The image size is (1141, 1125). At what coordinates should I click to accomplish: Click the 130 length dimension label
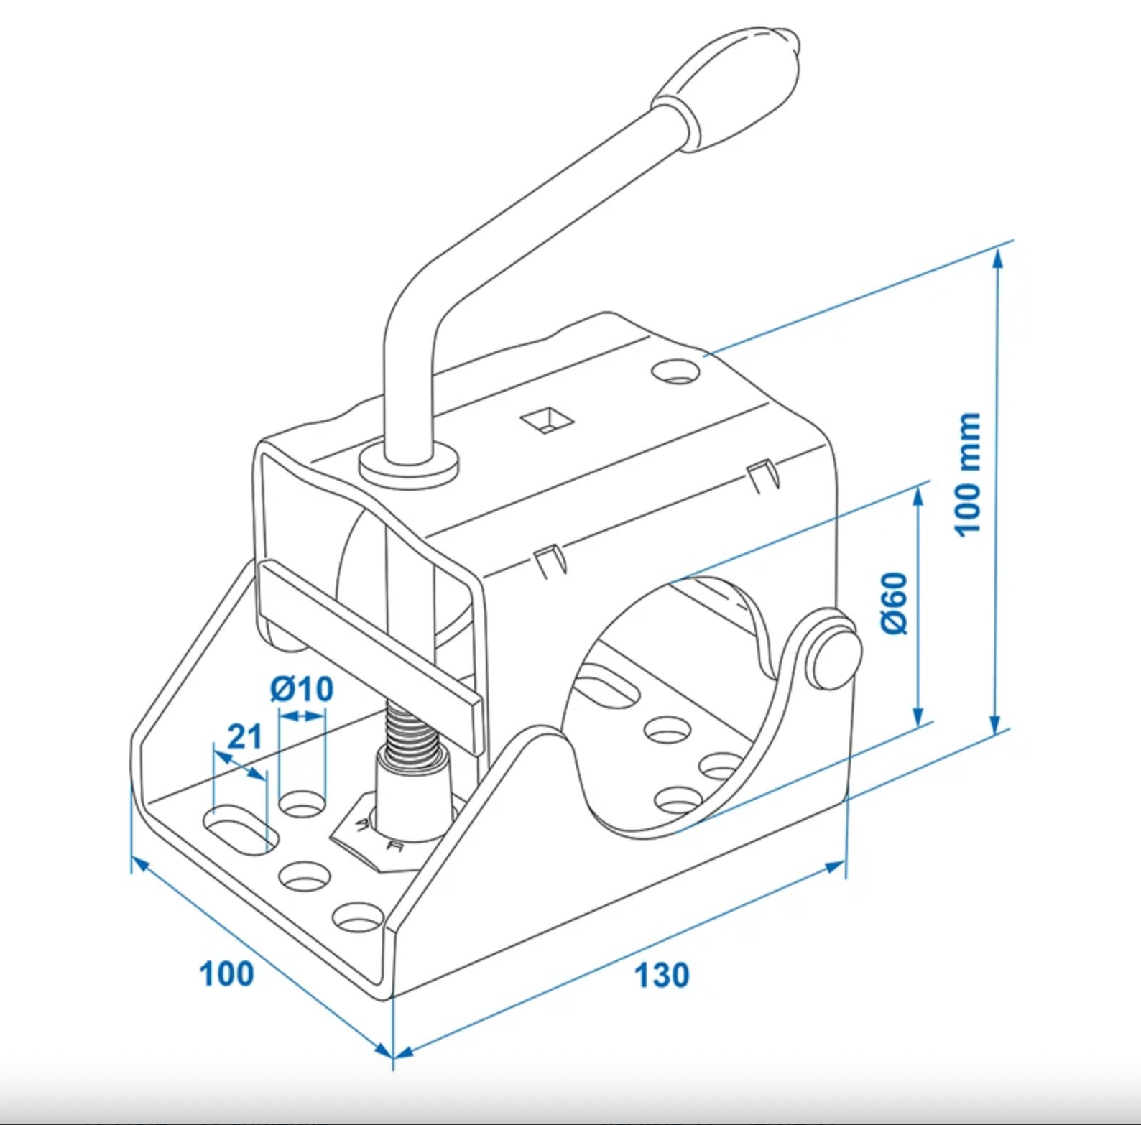click(662, 976)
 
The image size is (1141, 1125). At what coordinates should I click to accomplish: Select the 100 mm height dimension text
click(968, 474)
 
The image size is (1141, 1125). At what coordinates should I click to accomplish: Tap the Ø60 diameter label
click(895, 603)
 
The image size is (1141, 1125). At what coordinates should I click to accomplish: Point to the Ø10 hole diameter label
click(302, 690)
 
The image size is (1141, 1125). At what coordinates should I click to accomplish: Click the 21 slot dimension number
click(244, 737)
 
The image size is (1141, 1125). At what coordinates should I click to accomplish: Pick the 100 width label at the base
click(226, 974)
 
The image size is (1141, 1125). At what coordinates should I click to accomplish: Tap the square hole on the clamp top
click(548, 421)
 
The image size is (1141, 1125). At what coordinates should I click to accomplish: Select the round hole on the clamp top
click(676, 372)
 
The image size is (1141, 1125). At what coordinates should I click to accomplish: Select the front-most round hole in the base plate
click(357, 917)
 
